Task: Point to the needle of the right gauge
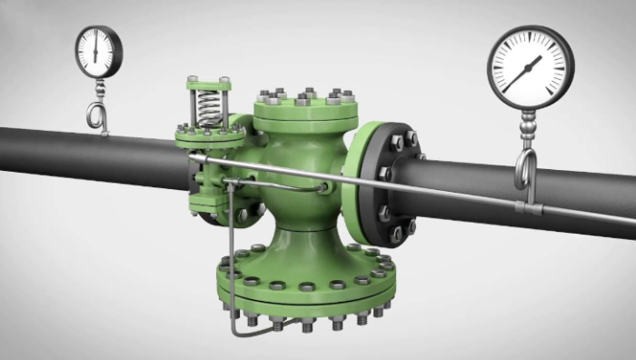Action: (524, 74)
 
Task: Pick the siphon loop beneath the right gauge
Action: (524, 169)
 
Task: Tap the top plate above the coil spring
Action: (209, 85)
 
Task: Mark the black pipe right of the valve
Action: (509, 195)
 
